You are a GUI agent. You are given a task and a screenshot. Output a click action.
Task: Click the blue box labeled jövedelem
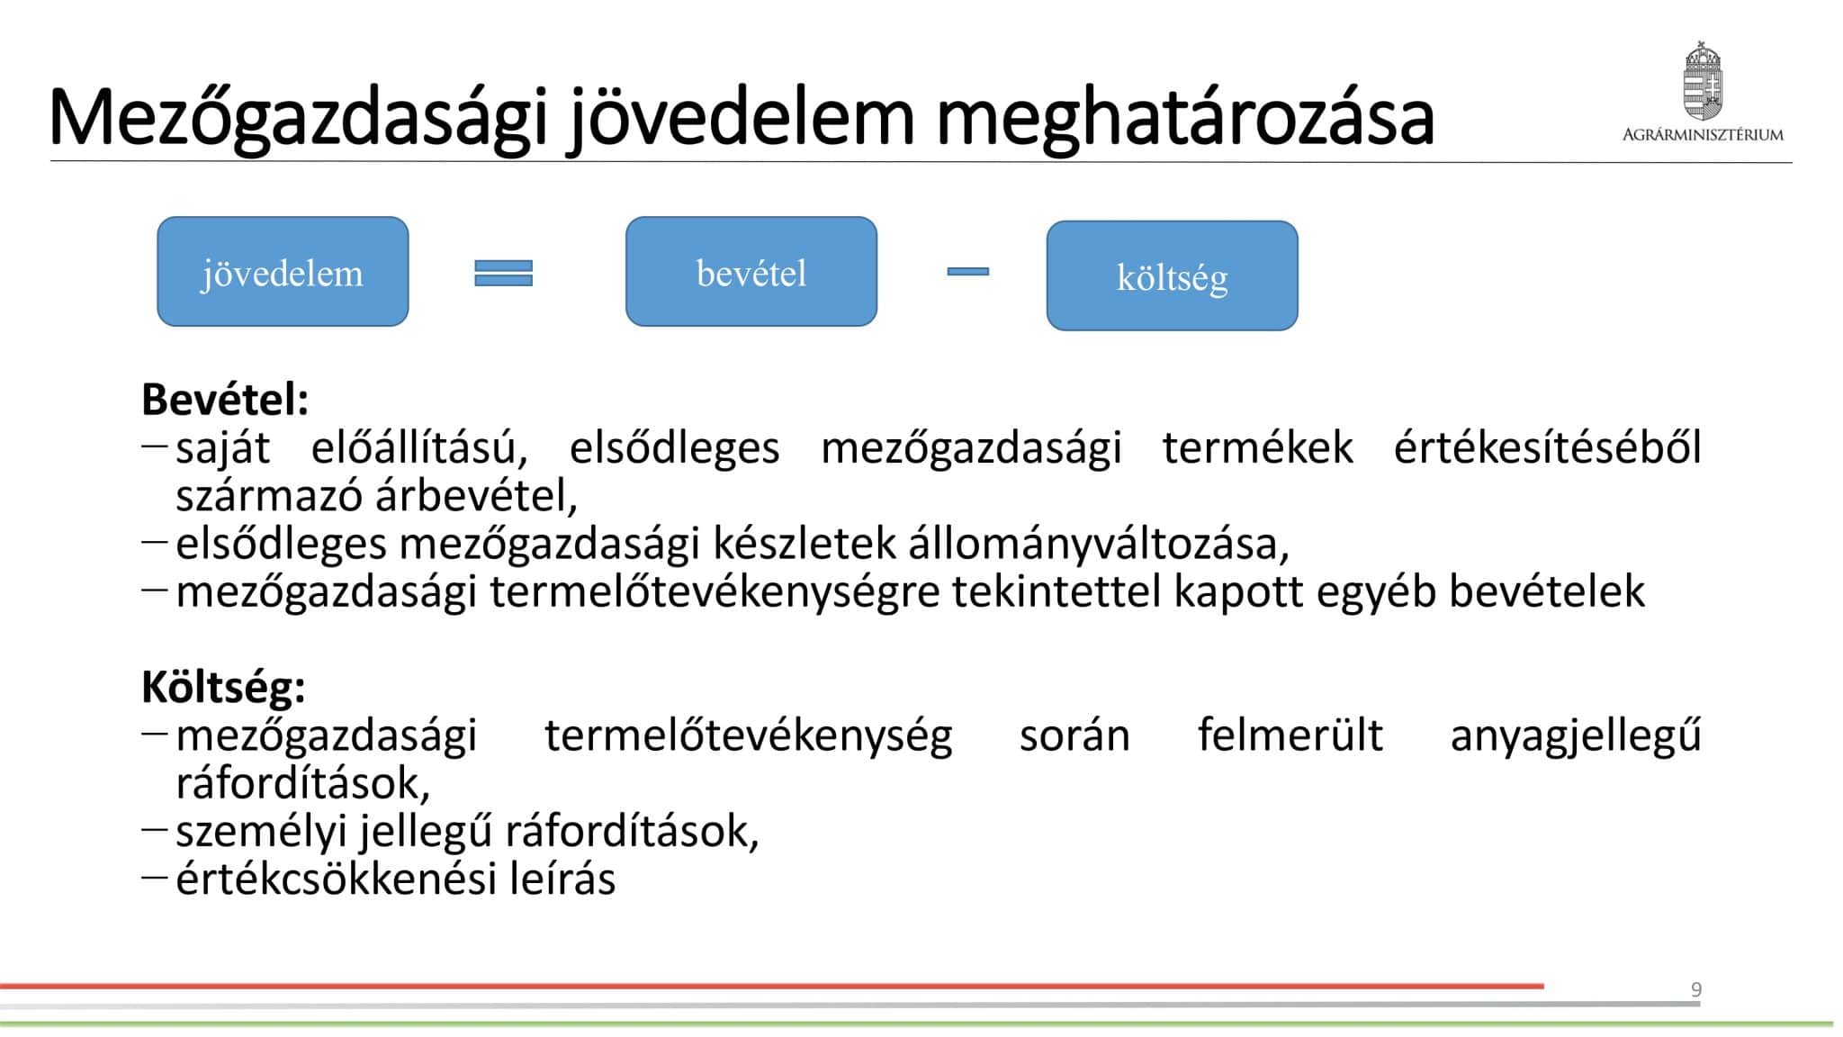point(283,271)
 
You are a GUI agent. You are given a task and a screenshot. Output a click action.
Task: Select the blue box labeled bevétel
point(751,271)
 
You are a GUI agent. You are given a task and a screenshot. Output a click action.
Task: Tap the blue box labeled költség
point(1172,275)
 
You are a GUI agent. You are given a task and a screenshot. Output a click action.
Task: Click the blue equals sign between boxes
point(503,273)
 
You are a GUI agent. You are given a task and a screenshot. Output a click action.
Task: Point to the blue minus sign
point(968,271)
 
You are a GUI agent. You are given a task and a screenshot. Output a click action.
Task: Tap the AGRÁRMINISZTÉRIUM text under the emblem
point(1703,135)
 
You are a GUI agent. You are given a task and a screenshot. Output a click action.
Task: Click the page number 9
point(1696,990)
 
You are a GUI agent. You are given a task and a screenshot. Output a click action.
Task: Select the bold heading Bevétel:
point(225,400)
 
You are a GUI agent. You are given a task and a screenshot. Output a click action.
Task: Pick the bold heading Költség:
point(223,688)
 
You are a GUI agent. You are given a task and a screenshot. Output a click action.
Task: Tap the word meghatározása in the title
point(1185,119)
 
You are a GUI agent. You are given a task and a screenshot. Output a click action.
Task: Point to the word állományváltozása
point(1098,543)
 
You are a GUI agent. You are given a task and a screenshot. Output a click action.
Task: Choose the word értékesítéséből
point(1548,447)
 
